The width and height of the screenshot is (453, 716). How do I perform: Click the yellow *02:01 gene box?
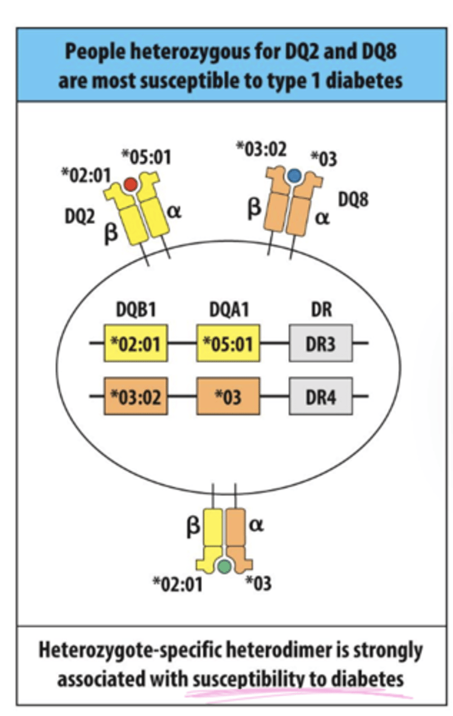(x=135, y=344)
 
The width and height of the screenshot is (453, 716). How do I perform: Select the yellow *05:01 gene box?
(x=228, y=344)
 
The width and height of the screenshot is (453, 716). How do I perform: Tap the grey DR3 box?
(x=321, y=344)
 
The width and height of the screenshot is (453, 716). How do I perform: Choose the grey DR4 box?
(x=321, y=396)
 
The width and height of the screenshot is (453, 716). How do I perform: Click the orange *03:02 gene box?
(x=135, y=396)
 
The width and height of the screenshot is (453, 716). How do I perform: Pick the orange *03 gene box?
(x=228, y=396)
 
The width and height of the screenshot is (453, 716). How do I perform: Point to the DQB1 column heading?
(x=135, y=311)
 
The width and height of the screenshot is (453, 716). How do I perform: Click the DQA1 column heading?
(x=228, y=311)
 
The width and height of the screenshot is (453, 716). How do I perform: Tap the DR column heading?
(x=321, y=311)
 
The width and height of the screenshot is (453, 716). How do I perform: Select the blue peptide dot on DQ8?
(x=293, y=174)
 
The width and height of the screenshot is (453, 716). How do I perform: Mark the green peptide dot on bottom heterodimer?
(x=224, y=566)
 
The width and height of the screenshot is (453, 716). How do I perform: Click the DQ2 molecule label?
(x=80, y=217)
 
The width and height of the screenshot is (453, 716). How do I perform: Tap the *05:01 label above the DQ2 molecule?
(x=146, y=158)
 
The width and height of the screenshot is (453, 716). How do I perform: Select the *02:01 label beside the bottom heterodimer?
(x=177, y=584)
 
